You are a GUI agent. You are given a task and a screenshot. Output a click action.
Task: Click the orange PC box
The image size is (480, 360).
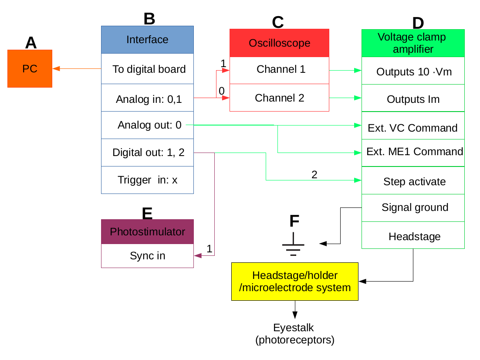(x=30, y=68)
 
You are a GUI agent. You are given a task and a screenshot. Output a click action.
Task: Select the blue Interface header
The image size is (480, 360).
(x=147, y=40)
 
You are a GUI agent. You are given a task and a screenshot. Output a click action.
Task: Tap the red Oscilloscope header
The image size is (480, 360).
(x=279, y=43)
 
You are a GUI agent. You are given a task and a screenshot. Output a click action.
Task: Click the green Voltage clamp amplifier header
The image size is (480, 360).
(x=413, y=43)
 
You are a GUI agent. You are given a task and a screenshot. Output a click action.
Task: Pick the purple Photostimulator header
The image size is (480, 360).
(x=147, y=231)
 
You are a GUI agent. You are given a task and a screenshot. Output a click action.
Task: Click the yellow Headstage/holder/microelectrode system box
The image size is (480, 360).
(x=294, y=282)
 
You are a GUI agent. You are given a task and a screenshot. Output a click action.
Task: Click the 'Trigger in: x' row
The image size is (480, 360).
(x=147, y=180)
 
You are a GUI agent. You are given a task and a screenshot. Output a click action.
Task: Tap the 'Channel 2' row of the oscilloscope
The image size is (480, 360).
(x=279, y=98)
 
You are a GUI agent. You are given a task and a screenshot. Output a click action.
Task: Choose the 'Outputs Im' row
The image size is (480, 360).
(x=413, y=99)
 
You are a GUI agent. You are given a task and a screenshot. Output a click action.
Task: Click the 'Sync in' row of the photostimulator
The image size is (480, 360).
(x=147, y=256)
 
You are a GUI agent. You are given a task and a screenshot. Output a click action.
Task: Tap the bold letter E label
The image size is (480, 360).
(x=147, y=213)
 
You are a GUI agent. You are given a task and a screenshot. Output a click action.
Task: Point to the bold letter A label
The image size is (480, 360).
(x=31, y=43)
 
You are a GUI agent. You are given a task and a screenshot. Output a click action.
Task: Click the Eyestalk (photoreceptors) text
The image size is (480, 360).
(x=294, y=334)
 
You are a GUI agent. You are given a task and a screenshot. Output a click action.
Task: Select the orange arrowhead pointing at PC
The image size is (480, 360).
(x=56, y=68)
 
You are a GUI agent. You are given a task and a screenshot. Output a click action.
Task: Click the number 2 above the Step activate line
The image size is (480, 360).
(x=314, y=175)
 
